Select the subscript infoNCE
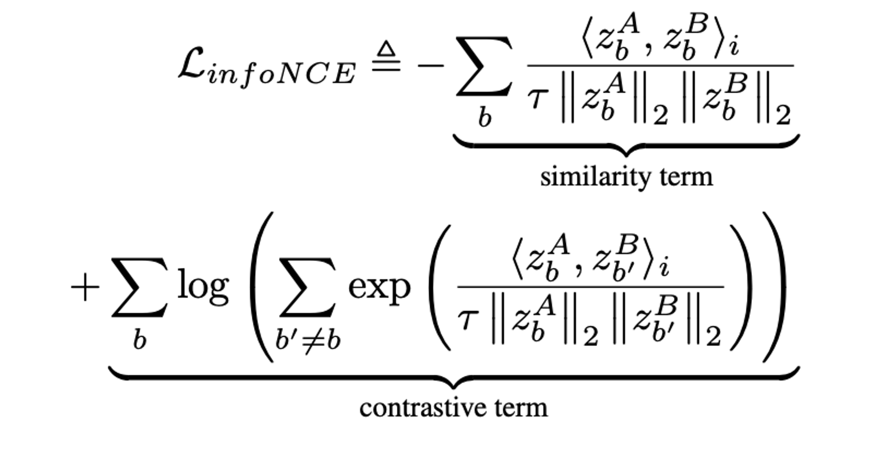[x=281, y=75]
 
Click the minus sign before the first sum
[x=431, y=66]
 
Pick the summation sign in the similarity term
[x=484, y=66]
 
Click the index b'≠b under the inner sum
[x=308, y=340]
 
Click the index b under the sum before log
[x=139, y=340]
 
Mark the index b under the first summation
[x=484, y=118]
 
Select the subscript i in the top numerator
[x=734, y=47]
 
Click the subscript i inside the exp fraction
[x=664, y=267]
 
